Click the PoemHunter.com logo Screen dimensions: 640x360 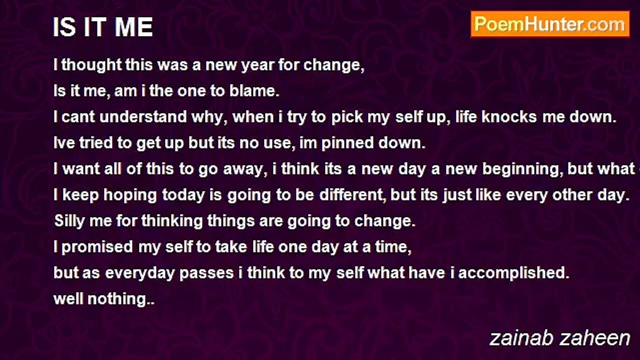550,24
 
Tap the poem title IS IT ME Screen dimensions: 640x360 103,27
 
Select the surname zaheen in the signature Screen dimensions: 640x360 595,338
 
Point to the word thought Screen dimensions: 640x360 91,65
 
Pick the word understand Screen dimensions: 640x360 143,117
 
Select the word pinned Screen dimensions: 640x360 347,143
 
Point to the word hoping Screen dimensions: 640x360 130,195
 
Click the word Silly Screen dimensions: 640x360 69,221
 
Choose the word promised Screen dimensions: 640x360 97,247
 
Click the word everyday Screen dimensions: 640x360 139,273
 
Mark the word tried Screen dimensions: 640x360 96,143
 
